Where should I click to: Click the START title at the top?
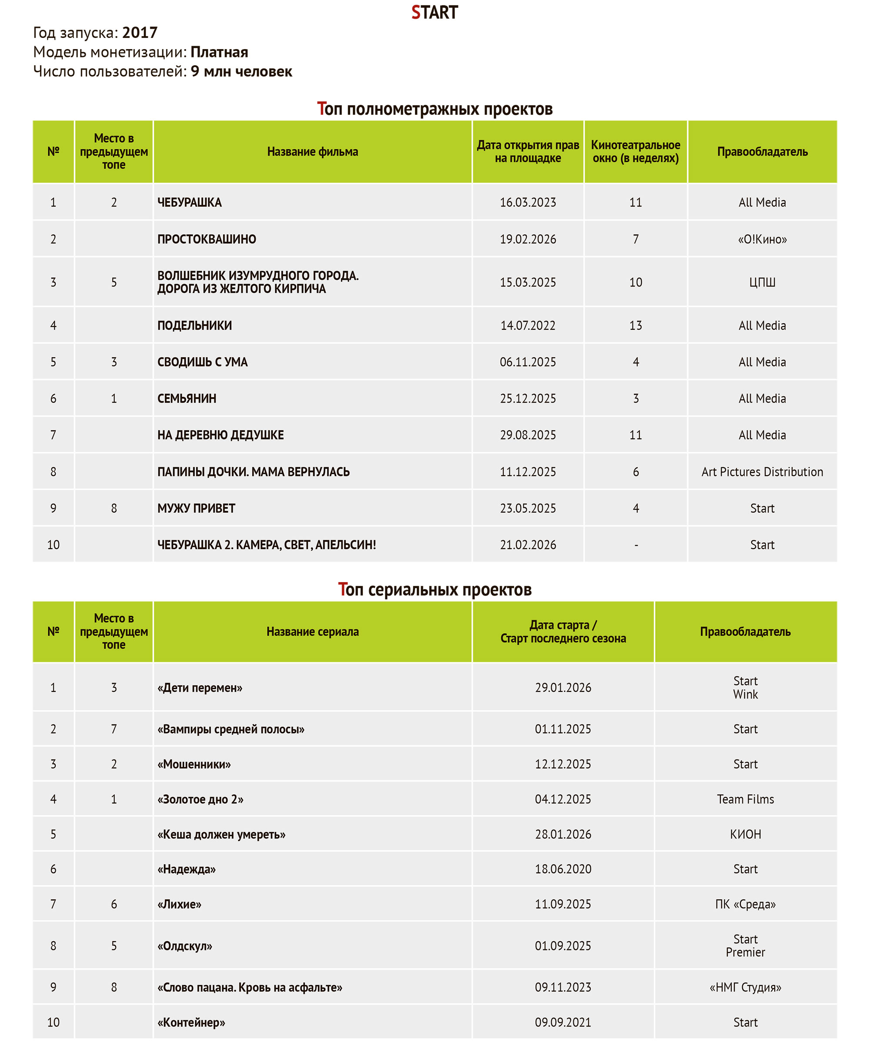(434, 13)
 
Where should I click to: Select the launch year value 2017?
(140, 33)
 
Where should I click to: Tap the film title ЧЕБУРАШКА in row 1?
(189, 203)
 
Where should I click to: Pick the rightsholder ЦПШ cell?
(762, 282)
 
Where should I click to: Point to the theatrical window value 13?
(636, 326)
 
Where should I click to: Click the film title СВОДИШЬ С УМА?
(202, 362)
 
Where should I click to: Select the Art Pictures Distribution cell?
(762, 472)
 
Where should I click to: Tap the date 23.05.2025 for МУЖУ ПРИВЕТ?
(528, 509)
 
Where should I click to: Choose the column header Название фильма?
(312, 152)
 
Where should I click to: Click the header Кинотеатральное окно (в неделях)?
(636, 152)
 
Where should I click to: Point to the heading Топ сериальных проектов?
(434, 590)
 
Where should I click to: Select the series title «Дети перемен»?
(200, 688)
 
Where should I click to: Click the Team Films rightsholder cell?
(745, 799)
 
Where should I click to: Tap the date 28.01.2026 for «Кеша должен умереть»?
(563, 834)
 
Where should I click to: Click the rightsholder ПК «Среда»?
(745, 904)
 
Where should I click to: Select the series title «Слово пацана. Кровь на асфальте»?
(250, 987)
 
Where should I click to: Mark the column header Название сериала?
(312, 632)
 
